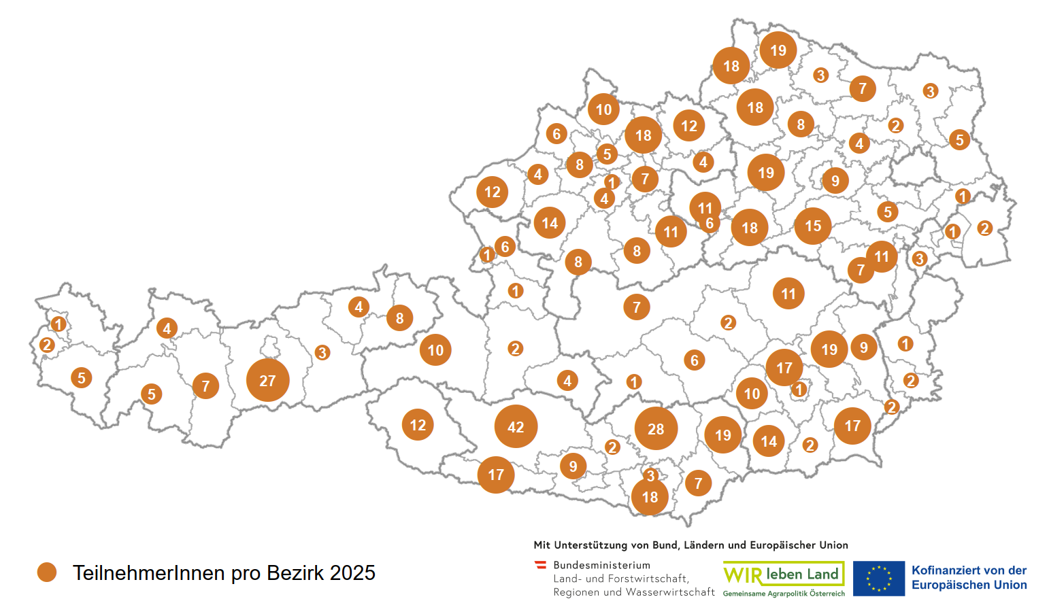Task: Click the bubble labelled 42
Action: (x=516, y=426)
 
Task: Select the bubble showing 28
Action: (x=656, y=429)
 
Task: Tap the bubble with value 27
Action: (x=267, y=381)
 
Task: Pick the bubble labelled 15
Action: (x=813, y=226)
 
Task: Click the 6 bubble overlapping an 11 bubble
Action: (x=710, y=224)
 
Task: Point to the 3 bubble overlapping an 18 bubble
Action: (x=650, y=475)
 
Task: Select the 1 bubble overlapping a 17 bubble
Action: (x=799, y=389)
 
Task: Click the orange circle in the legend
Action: (x=47, y=572)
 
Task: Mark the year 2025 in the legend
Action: (x=352, y=573)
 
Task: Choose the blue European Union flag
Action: (x=878, y=579)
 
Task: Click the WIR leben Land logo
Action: (x=783, y=575)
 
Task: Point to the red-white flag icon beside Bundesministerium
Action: (x=541, y=565)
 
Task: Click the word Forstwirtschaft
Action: (x=648, y=579)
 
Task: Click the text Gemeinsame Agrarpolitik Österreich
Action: (x=784, y=594)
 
